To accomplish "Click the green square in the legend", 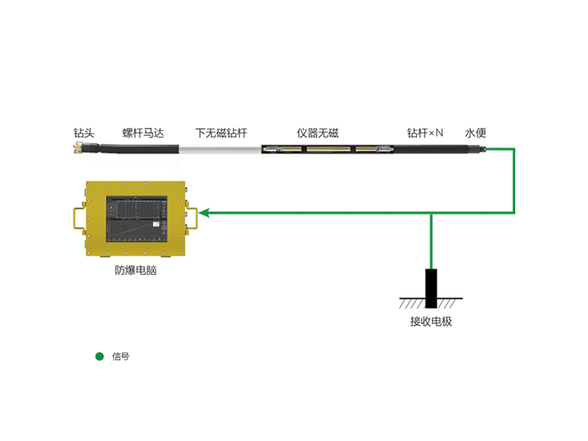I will pyautogui.click(x=99, y=356).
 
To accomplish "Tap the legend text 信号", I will pyautogui.click(x=121, y=356).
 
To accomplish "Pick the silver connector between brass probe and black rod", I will pyautogui.click(x=381, y=149).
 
